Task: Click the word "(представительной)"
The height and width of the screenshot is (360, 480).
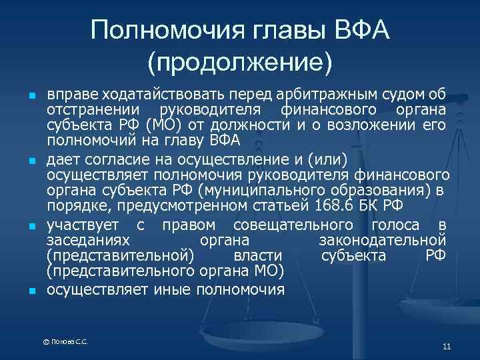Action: coord(121,256)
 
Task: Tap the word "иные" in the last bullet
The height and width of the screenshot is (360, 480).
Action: coord(174,289)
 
